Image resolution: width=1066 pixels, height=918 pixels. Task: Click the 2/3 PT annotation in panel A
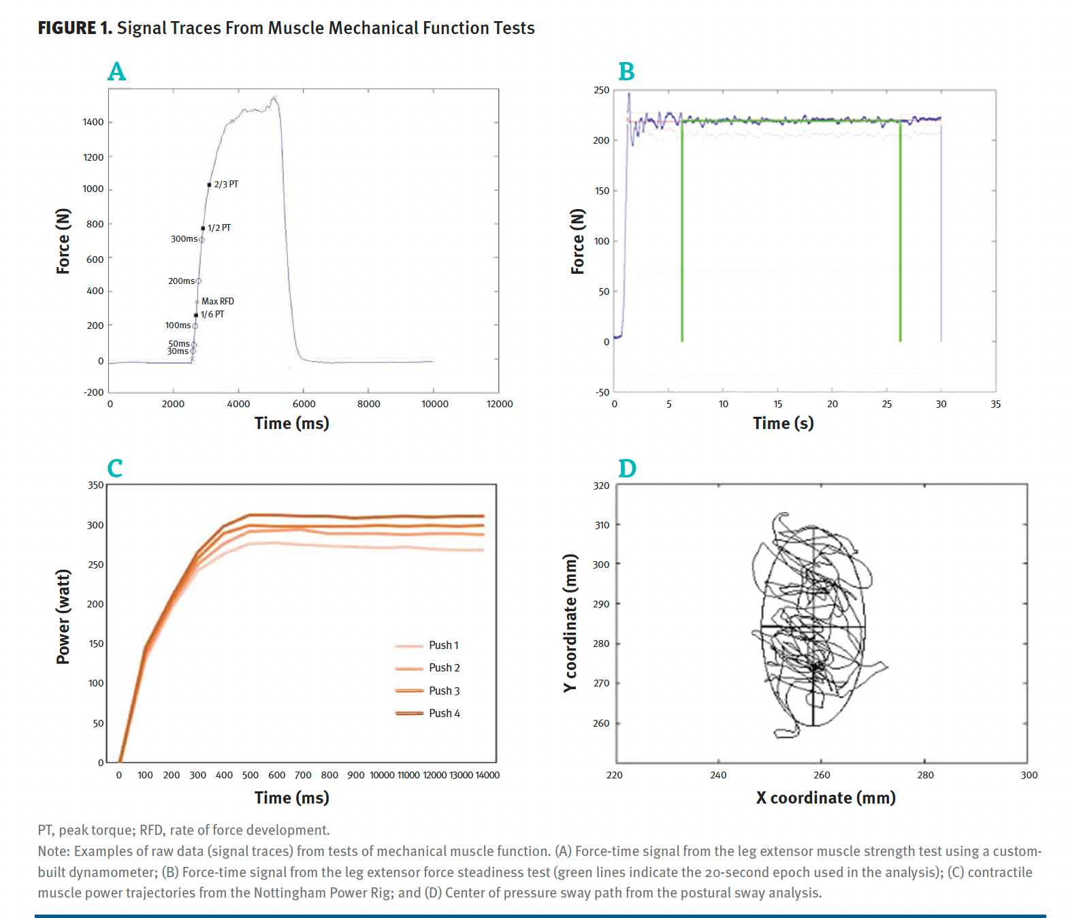226,185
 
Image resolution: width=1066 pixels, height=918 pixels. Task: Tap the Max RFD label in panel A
217,301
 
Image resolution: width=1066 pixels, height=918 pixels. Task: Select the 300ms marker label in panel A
184,239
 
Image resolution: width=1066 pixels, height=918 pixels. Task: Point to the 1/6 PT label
212,314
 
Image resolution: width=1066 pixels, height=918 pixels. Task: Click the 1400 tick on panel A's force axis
93,123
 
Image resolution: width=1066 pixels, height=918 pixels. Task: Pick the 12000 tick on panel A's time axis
500,404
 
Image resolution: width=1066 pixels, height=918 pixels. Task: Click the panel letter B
626,72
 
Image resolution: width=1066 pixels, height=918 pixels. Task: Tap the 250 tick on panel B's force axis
601,90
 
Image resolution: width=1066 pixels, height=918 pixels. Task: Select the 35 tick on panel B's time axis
995,404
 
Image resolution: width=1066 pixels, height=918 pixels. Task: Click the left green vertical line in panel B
682,232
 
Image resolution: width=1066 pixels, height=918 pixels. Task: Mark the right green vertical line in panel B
900,232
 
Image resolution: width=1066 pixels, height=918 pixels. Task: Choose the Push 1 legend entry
443,645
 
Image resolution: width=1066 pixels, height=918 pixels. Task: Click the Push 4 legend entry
444,713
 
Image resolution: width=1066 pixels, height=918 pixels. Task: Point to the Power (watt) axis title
63,616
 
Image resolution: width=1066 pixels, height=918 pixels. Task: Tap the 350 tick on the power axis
96,486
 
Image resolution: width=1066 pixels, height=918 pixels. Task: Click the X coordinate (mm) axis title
825,797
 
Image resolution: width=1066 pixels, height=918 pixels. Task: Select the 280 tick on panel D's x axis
925,775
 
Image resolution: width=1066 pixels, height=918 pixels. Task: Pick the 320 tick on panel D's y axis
601,486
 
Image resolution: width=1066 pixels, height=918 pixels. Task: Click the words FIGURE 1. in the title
75,28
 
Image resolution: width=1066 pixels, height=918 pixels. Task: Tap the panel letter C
115,469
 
